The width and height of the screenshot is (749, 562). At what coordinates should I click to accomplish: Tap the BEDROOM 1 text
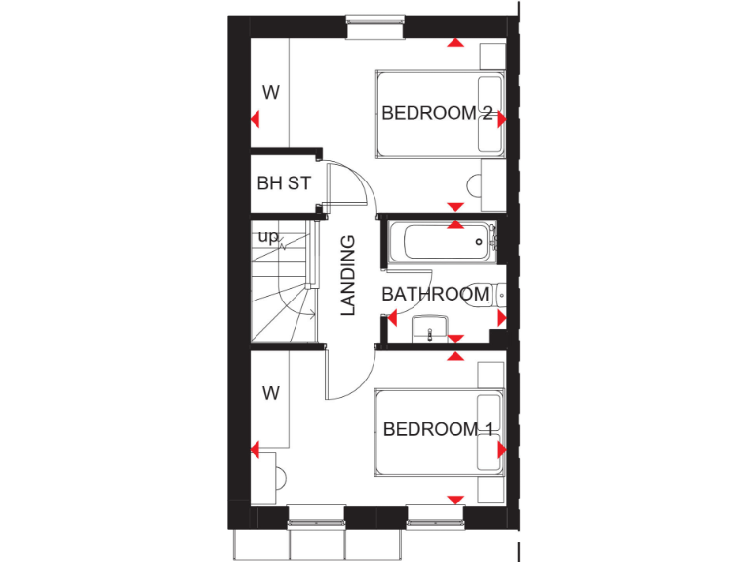(x=437, y=429)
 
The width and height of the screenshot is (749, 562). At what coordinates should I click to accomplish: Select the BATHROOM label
(x=434, y=294)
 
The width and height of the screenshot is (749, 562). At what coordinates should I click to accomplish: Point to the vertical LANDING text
(x=348, y=275)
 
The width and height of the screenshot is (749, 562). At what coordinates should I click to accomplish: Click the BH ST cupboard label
(x=284, y=182)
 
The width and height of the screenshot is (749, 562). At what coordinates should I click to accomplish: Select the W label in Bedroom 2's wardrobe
(x=271, y=94)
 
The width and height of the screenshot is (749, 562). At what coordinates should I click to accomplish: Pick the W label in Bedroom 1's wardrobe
(x=271, y=393)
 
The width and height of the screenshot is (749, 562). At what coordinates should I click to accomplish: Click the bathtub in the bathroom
(x=439, y=242)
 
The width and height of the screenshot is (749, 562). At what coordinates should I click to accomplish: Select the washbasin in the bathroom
(x=429, y=330)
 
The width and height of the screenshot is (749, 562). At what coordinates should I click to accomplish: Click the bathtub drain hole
(x=479, y=242)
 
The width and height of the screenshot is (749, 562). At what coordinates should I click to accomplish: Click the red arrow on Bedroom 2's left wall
(x=254, y=120)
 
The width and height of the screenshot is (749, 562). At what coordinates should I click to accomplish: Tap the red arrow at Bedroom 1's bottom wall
(x=454, y=500)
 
